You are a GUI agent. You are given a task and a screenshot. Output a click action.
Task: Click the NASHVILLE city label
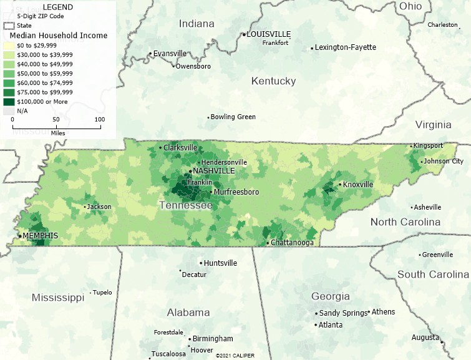(214, 171)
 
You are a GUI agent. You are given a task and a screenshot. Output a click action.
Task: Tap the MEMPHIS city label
(41, 236)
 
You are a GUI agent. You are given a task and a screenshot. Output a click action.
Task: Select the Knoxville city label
(358, 185)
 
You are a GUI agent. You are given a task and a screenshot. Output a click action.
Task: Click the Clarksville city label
(180, 148)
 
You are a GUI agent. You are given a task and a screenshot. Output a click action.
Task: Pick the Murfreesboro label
(236, 192)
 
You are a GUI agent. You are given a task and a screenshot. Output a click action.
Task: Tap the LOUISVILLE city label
(269, 34)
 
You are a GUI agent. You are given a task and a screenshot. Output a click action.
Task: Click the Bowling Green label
(233, 117)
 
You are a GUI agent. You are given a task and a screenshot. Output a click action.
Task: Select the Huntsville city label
(221, 263)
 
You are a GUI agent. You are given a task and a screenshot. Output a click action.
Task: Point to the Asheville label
(428, 207)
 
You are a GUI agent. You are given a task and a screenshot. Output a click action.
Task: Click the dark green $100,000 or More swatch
(9, 101)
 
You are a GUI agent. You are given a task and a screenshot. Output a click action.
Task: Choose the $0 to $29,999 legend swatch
(9, 46)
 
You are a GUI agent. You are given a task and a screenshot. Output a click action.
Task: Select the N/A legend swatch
(9, 110)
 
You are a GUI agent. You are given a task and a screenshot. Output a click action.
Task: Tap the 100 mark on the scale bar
(100, 119)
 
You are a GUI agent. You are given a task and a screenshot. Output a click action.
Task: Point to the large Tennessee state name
(187, 206)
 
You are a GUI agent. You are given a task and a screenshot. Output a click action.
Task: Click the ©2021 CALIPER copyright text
(235, 356)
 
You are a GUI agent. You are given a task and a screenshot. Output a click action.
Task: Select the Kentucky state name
(273, 81)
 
